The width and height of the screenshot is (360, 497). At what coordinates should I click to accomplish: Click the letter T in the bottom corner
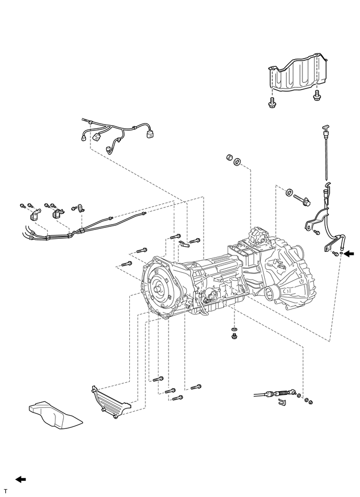(x=5, y=491)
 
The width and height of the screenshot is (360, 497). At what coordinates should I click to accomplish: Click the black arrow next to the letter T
(x=21, y=479)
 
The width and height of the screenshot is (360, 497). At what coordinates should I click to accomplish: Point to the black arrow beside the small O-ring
(x=349, y=253)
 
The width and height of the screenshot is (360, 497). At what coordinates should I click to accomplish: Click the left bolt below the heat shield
(x=272, y=103)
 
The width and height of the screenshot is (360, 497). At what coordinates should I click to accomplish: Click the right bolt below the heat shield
(x=316, y=96)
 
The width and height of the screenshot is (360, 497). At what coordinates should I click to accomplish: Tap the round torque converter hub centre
(x=157, y=289)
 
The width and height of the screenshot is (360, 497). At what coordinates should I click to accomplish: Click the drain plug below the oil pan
(x=234, y=336)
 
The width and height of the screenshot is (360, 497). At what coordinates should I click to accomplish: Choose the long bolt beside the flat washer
(x=302, y=200)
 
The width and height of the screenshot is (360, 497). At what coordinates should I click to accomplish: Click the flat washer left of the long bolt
(x=289, y=192)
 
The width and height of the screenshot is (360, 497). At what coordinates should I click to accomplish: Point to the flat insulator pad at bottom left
(x=55, y=416)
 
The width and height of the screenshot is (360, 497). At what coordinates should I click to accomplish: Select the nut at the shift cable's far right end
(x=311, y=402)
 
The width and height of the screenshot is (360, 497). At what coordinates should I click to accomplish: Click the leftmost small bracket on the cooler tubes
(x=34, y=216)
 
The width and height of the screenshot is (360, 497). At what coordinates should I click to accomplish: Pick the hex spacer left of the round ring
(x=229, y=157)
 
